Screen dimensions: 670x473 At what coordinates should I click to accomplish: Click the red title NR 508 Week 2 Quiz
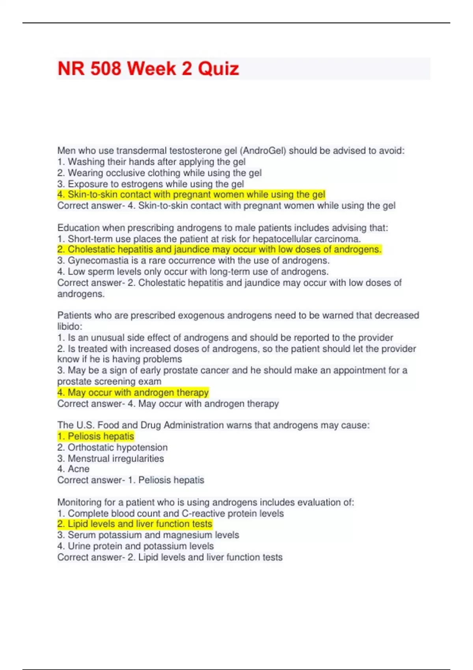(x=148, y=69)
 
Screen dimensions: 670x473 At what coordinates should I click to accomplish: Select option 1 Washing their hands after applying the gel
(x=151, y=162)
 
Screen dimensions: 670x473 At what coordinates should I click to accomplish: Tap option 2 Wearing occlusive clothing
(x=159, y=173)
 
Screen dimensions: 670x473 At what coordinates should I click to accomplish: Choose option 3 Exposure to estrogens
(x=151, y=184)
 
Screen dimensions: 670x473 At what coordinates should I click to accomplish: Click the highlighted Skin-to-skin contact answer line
(x=191, y=194)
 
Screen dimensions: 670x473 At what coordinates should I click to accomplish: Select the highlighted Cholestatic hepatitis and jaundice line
(x=219, y=249)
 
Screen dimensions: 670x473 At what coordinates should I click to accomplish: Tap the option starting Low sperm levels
(x=193, y=272)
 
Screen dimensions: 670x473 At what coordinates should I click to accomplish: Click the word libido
(x=69, y=326)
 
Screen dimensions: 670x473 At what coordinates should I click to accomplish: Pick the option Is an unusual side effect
(x=225, y=337)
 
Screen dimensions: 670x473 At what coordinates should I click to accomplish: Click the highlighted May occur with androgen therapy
(x=133, y=393)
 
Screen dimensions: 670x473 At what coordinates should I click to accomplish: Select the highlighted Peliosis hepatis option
(x=96, y=436)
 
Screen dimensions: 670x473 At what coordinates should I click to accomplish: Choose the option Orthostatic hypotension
(x=112, y=447)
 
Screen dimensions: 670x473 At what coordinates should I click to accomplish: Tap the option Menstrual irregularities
(x=110, y=458)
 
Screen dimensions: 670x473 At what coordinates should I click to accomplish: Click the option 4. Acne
(x=73, y=469)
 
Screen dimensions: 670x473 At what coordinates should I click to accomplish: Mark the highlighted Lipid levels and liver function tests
(x=135, y=524)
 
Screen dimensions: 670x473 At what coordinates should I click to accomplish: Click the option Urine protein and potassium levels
(x=136, y=546)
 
